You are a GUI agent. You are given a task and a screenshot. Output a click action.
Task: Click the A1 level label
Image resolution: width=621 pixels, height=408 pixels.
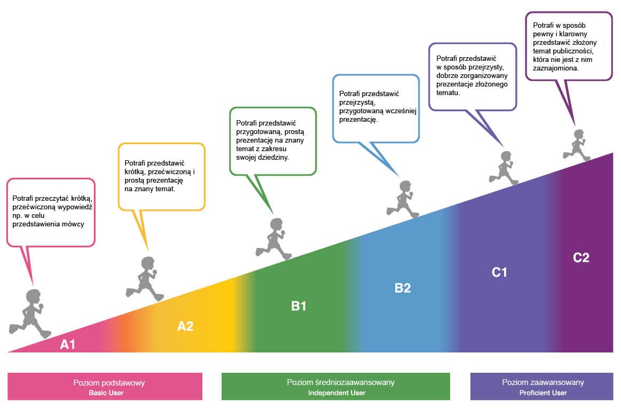[68, 344]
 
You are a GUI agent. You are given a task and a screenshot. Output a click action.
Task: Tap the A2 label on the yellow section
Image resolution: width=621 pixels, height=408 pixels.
[185, 326]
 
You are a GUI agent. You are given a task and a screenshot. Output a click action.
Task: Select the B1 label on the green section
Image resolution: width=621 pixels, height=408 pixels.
[298, 307]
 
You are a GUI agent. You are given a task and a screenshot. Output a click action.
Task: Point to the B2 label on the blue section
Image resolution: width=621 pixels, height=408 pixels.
[403, 288]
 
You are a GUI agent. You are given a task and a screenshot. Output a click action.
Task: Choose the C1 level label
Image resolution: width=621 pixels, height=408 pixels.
[499, 272]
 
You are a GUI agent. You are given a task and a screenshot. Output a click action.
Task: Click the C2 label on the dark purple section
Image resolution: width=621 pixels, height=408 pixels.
[581, 257]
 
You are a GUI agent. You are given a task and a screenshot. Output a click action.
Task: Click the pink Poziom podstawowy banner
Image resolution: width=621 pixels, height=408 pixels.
[105, 386]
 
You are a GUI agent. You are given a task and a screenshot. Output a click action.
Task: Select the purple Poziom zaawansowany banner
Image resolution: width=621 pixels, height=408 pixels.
[542, 386]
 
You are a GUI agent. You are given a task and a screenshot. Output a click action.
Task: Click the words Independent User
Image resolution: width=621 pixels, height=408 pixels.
[336, 393]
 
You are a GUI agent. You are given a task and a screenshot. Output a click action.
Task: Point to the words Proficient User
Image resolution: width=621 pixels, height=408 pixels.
[543, 393]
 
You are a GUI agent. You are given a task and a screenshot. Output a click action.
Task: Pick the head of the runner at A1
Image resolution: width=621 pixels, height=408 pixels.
[33, 296]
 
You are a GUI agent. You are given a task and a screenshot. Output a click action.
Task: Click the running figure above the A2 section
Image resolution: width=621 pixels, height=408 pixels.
[145, 279]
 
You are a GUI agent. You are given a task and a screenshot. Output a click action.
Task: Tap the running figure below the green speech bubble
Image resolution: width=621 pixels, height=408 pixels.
[274, 239]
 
